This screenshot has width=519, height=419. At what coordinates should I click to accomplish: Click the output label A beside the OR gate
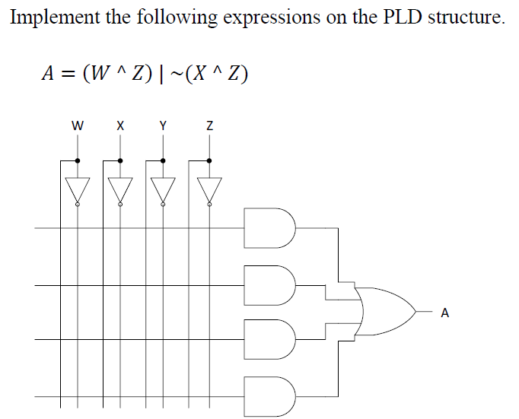(445, 312)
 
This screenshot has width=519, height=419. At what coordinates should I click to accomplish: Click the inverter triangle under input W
(77, 189)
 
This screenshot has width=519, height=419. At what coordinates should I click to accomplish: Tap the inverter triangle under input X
(119, 189)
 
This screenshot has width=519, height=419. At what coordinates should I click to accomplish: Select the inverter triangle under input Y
(162, 189)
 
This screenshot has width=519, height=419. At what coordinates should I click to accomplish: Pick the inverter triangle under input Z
(209, 189)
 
